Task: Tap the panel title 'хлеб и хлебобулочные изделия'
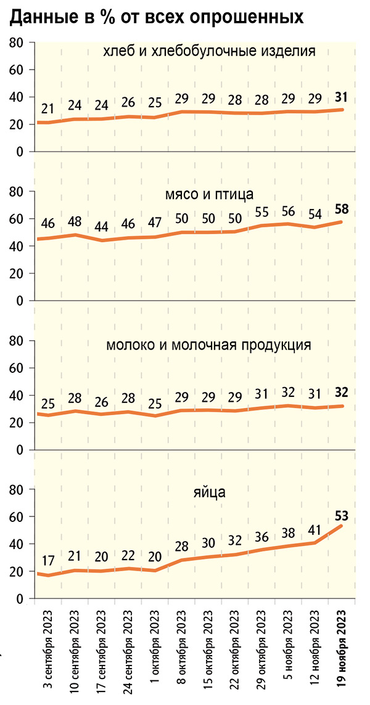click(210, 51)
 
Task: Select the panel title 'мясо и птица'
click(210, 196)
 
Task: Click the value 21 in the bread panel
click(48, 109)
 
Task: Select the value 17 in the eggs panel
click(48, 562)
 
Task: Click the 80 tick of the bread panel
click(17, 43)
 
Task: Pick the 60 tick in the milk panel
click(17, 368)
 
